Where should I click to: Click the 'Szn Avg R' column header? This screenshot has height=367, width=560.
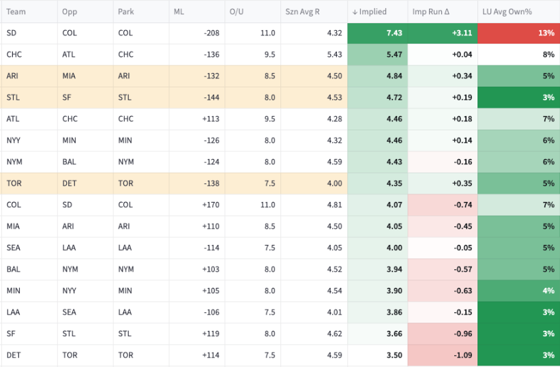click(x=302, y=12)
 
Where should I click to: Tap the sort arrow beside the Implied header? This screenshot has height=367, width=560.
click(x=355, y=12)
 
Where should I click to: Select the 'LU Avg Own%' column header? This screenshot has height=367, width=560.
click(x=507, y=12)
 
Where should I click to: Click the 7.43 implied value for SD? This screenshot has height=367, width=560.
click(x=394, y=33)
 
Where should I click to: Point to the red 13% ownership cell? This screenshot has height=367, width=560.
click(x=518, y=33)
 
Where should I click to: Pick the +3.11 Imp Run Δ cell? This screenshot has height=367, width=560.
click(x=442, y=33)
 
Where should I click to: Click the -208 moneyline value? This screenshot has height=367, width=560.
click(x=211, y=33)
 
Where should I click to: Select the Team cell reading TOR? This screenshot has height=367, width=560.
click(x=14, y=183)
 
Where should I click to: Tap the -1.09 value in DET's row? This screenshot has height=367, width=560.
click(x=463, y=355)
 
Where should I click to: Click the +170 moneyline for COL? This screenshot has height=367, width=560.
click(x=211, y=205)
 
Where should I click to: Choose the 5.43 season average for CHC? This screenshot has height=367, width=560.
click(x=335, y=55)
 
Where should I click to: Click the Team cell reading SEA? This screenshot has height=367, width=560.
click(x=13, y=248)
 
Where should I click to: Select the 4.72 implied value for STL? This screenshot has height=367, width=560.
click(x=394, y=98)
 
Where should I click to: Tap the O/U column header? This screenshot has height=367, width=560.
click(x=237, y=12)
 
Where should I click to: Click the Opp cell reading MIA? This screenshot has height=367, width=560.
click(x=69, y=76)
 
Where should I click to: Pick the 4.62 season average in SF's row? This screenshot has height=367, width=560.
click(x=335, y=334)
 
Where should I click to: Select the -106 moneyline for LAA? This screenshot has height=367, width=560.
click(x=211, y=312)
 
